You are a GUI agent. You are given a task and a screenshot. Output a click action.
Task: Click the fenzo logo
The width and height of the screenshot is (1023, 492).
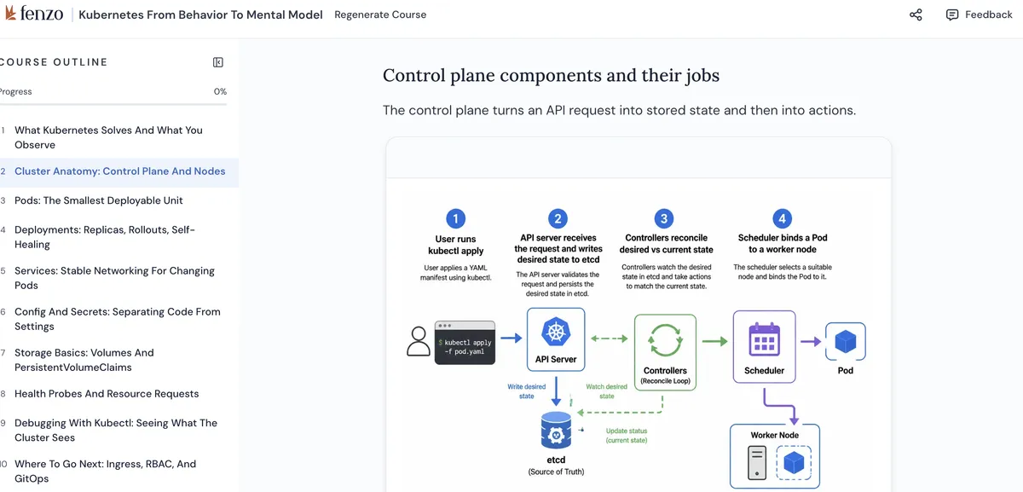click(x=34, y=14)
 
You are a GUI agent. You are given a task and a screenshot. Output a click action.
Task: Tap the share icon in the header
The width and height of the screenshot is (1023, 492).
click(x=916, y=14)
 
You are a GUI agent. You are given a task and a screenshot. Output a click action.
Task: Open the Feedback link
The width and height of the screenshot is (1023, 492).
click(x=980, y=14)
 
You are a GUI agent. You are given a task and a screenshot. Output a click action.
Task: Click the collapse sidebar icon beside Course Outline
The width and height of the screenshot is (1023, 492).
click(x=218, y=62)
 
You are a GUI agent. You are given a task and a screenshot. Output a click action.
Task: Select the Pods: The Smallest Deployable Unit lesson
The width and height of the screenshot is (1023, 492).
click(x=99, y=200)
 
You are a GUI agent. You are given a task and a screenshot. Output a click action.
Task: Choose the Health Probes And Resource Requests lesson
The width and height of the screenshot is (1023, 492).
click(x=107, y=394)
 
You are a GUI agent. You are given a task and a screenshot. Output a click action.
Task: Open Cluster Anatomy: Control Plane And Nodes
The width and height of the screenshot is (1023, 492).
click(x=119, y=171)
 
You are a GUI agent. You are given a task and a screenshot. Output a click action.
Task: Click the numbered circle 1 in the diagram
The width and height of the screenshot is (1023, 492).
click(x=455, y=218)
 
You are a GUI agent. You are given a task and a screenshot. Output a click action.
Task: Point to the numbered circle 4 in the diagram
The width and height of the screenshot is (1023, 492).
click(x=782, y=218)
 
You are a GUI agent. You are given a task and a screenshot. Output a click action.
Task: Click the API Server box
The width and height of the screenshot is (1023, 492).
click(x=556, y=339)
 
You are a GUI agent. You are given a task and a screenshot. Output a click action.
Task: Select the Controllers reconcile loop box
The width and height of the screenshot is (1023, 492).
click(x=665, y=352)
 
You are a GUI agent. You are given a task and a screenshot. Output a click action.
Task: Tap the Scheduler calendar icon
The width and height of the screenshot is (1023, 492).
click(x=764, y=339)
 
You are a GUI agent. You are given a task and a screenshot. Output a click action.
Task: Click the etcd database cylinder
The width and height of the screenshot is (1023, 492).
click(x=556, y=431)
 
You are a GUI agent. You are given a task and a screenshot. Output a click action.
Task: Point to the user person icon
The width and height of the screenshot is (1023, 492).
click(x=419, y=341)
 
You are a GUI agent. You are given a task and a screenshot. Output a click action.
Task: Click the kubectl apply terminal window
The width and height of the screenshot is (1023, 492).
click(x=465, y=343)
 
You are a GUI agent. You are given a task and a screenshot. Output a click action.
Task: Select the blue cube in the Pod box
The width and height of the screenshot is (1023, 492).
click(x=846, y=341)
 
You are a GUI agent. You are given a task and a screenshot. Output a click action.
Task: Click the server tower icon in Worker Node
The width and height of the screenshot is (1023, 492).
click(x=757, y=463)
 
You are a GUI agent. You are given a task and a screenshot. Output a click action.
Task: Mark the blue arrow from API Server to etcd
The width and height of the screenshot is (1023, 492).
click(x=556, y=391)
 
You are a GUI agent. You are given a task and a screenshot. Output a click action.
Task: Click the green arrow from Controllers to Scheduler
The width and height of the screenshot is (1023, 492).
click(x=714, y=341)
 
